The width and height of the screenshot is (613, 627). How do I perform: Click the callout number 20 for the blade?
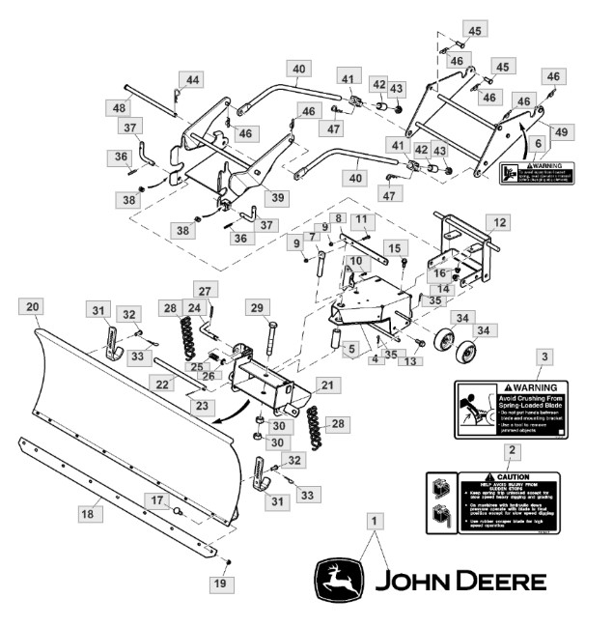33,306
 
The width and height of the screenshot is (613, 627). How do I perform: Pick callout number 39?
279,197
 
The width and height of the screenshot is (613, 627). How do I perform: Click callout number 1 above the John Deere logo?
374,520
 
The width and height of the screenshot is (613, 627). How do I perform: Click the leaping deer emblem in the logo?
339,580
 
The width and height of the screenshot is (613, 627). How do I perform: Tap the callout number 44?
193,80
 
